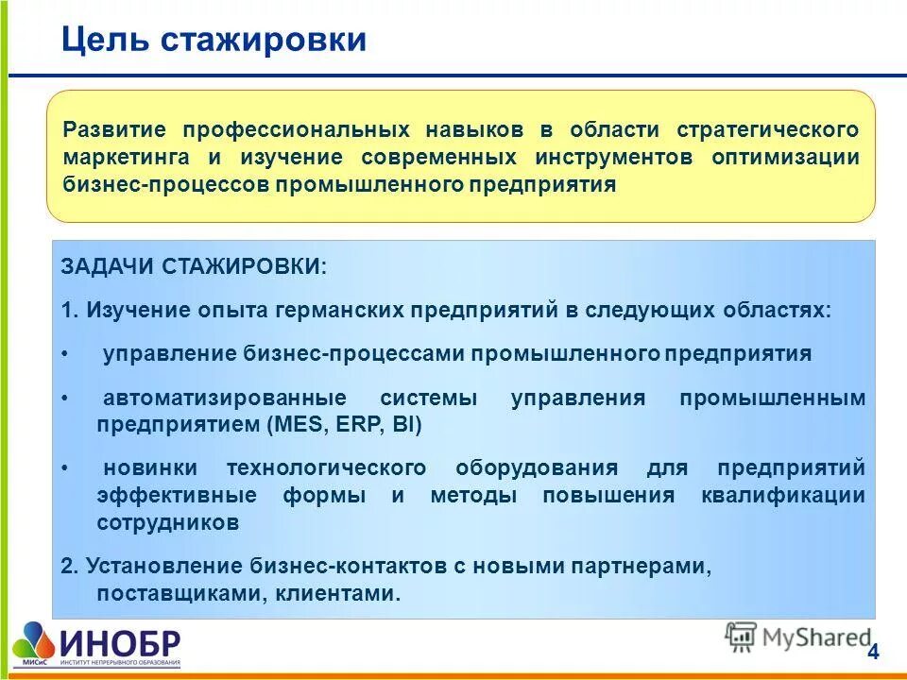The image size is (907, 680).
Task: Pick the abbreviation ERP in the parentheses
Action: point(356,425)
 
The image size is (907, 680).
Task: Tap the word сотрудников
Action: point(167,522)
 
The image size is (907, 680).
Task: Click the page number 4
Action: point(872,652)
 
